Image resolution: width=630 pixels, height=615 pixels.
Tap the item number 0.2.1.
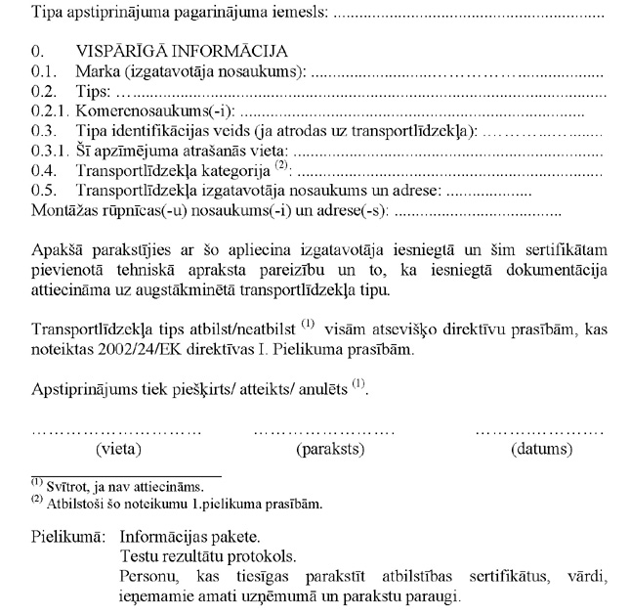(x=49, y=111)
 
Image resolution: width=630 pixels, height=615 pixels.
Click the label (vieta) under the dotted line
(x=118, y=450)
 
